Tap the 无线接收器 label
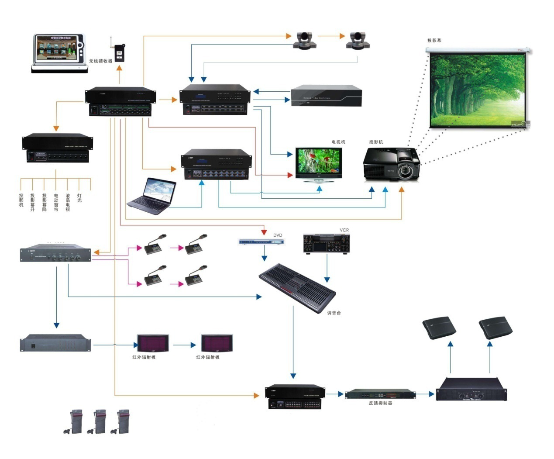point(100,61)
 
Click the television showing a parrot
point(318,163)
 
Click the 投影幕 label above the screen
point(434,41)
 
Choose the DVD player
point(261,242)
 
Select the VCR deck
point(326,244)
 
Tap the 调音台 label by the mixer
point(334,313)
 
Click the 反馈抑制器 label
point(380,403)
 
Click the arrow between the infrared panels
point(185,345)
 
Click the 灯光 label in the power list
point(79,198)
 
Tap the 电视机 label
point(338,142)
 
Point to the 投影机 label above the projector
point(376,142)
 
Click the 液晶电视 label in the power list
point(68,203)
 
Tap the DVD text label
point(278,235)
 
